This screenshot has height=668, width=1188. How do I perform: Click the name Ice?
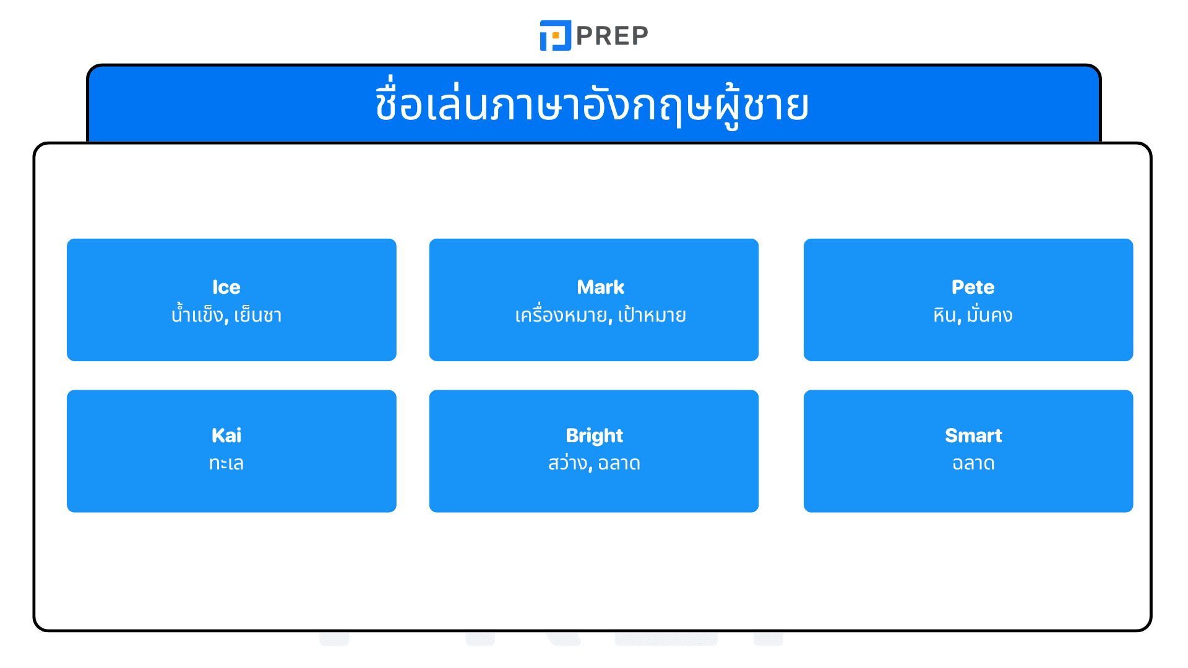click(226, 287)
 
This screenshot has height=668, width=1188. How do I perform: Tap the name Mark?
click(600, 287)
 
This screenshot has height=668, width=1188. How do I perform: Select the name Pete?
click(973, 287)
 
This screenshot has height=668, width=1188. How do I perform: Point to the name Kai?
click(226, 435)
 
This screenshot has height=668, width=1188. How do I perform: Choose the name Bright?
click(594, 435)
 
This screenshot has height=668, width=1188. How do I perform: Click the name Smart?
click(973, 435)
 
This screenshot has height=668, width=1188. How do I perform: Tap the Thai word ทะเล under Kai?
click(226, 463)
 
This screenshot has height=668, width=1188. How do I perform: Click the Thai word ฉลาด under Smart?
click(973, 463)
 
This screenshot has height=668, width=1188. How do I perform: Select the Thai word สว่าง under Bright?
click(567, 463)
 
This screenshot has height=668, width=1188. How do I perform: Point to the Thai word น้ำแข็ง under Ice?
click(197, 315)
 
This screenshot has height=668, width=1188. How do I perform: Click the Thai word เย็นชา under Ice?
click(258, 315)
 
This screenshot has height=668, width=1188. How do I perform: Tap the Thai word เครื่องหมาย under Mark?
click(561, 315)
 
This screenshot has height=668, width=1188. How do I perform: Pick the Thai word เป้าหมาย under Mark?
click(652, 315)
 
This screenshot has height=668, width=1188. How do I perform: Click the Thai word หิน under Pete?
click(945, 315)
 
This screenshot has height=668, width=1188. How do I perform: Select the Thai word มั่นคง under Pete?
click(989, 315)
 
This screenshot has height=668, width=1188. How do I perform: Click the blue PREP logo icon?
click(555, 35)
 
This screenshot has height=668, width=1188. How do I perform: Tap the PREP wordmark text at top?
click(612, 36)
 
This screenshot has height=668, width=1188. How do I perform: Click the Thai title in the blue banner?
click(592, 105)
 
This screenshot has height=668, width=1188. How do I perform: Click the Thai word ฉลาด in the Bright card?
click(619, 463)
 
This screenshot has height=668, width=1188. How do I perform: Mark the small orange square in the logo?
click(556, 36)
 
